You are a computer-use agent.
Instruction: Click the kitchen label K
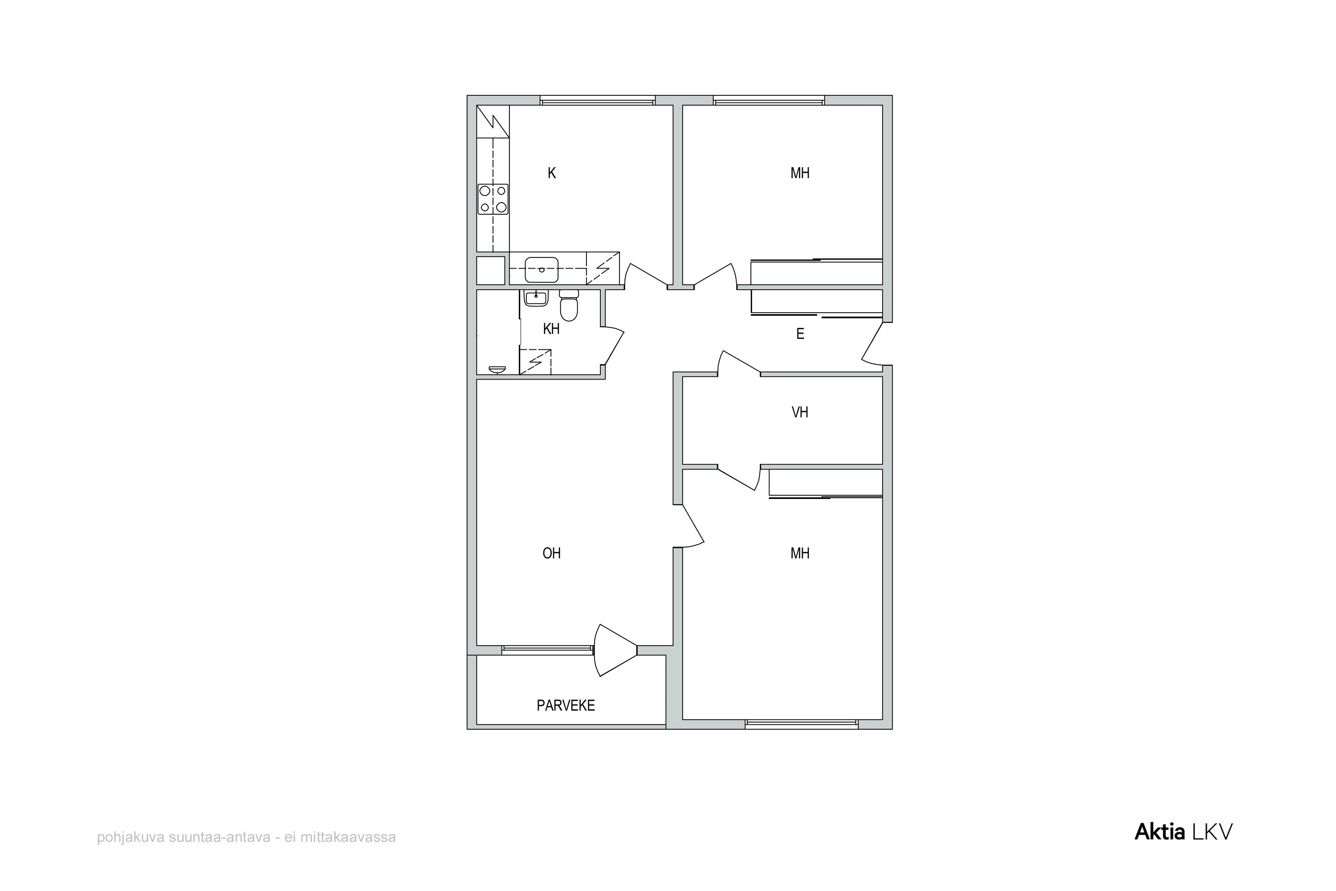552,173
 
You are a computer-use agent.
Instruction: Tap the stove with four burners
493,199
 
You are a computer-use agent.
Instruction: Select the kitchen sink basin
542,270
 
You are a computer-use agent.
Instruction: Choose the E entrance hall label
800,334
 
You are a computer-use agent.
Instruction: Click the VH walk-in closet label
800,413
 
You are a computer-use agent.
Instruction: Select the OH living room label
552,553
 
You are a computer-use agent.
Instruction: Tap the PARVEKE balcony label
566,706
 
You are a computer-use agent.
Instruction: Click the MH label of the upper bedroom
800,173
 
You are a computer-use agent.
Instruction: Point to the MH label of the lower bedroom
800,553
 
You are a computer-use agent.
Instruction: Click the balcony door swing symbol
615,650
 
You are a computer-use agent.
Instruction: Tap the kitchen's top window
598,101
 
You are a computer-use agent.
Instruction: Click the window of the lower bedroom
802,724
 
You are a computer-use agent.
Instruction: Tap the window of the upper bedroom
769,101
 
